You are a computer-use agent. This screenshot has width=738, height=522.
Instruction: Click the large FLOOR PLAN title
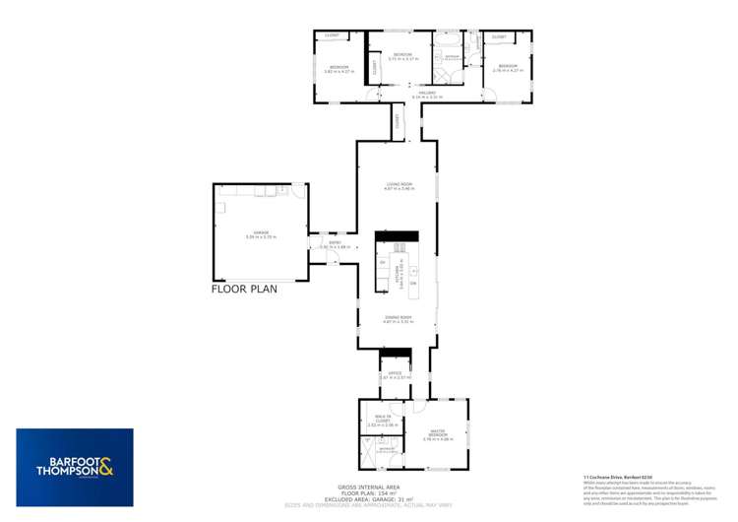coord(245,289)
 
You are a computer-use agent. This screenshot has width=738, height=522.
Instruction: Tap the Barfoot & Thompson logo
coord(74,467)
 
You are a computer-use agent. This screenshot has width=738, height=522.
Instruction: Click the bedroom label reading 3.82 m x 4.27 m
coord(338,69)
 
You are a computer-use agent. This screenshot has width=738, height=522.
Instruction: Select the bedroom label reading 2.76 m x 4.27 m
coord(505,68)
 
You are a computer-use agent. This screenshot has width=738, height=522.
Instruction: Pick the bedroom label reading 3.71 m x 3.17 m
coord(402,56)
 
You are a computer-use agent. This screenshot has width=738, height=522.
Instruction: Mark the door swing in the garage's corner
coord(297,190)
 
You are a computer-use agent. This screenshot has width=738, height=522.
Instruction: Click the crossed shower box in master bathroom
coord(368,455)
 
